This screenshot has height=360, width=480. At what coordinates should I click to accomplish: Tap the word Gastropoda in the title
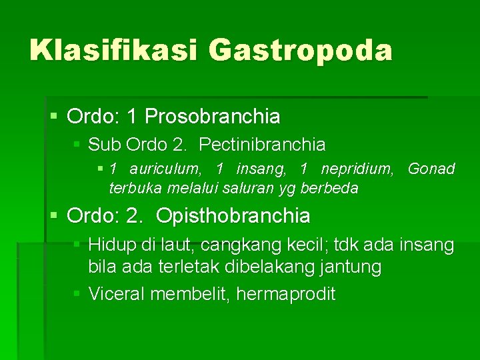[x=301, y=51]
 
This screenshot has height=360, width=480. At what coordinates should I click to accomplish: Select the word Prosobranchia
[x=213, y=117]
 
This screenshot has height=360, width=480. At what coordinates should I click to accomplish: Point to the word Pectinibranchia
[x=262, y=144]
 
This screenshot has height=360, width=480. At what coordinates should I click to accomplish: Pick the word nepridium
[x=359, y=169]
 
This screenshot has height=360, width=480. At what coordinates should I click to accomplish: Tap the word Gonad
[x=431, y=169]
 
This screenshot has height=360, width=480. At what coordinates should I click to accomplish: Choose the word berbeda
[x=329, y=188]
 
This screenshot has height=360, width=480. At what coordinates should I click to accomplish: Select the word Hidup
[x=111, y=245]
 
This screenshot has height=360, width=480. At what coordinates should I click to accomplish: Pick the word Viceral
[x=117, y=293]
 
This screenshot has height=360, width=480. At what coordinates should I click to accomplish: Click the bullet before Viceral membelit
[x=77, y=293]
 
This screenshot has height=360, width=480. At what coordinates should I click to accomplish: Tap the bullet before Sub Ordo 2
[x=77, y=143]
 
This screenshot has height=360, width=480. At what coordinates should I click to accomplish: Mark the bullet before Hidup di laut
[x=77, y=245]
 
